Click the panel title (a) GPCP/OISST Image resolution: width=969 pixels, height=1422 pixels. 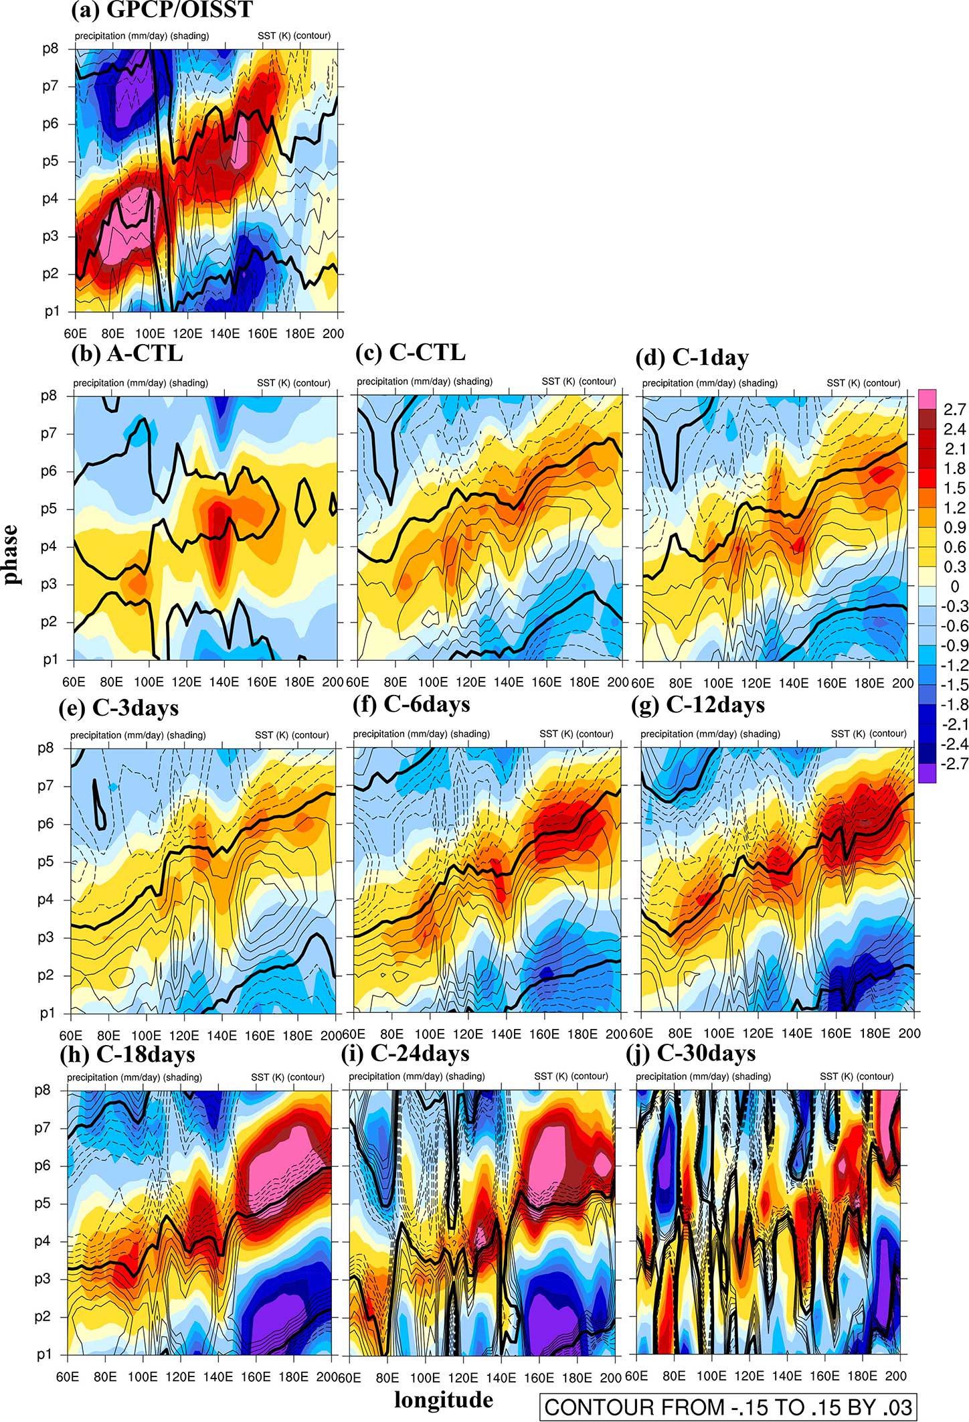coord(162,10)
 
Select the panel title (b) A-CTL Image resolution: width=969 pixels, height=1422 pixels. coord(127,353)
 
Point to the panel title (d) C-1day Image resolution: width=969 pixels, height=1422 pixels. coord(692,358)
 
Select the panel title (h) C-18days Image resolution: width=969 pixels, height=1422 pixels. coord(127,1054)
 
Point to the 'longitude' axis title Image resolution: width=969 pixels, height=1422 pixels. coord(443,1399)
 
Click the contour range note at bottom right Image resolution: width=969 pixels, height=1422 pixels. coord(728,1407)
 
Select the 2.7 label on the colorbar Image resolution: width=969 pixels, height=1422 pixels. coord(955,410)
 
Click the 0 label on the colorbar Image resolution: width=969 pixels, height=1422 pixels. coord(954,586)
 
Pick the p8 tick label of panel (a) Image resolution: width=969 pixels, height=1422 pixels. coord(51,49)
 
